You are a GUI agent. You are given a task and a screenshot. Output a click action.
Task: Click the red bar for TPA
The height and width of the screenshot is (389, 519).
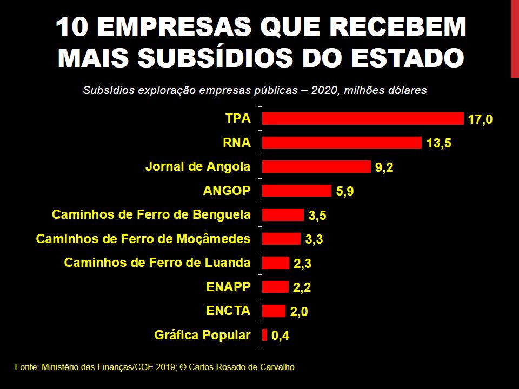[x=362, y=118]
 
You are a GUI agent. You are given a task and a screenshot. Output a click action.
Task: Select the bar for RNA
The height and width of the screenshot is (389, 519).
[x=341, y=143]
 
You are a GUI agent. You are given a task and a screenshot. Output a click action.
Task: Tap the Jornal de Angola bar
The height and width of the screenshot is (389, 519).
[x=316, y=166]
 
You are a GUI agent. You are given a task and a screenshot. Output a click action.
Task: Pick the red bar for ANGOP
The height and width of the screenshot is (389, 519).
[x=296, y=191]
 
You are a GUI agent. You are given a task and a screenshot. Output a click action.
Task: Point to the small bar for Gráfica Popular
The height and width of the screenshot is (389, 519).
[x=264, y=335]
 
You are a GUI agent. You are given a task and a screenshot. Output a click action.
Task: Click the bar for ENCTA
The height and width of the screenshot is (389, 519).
[x=274, y=311]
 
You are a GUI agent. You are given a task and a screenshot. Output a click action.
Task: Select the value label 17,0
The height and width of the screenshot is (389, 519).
[x=480, y=119]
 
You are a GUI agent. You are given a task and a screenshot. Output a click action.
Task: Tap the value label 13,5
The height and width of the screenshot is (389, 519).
[x=438, y=144]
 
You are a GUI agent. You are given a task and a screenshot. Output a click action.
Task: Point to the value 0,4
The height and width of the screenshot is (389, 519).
[x=280, y=337]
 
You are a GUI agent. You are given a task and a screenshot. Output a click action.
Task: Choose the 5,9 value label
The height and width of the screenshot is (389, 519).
[x=345, y=192]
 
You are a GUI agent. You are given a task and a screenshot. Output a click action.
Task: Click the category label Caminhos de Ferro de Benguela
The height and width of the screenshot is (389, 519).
[x=151, y=214]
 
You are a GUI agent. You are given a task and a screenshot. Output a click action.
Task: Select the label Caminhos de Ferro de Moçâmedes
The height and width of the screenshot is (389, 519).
[x=143, y=238]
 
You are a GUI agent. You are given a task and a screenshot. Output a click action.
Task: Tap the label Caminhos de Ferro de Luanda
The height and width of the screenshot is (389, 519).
[x=157, y=263]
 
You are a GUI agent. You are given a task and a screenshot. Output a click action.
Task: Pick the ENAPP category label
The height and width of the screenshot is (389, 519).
[x=228, y=286]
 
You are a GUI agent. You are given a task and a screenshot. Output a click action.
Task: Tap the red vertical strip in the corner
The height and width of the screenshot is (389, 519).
[x=515, y=38]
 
